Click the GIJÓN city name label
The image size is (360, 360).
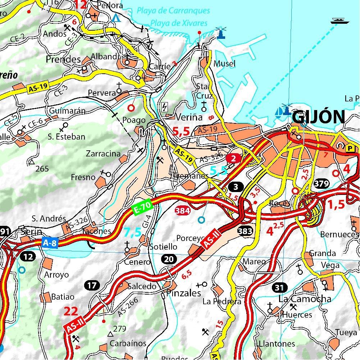(x=319, y=117)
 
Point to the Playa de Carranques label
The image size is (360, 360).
(x=173, y=11)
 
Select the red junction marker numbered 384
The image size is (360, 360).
(x=182, y=211)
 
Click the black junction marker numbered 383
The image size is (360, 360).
(x=245, y=231)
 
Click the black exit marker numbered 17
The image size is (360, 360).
(x=92, y=286)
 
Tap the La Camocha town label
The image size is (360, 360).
(x=305, y=299)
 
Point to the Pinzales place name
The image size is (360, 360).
(x=183, y=293)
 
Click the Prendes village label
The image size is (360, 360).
(x=63, y=59)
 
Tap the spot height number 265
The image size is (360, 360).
(x=42, y=169)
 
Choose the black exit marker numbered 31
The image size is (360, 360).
(x=280, y=287)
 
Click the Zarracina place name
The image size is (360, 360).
(x=103, y=154)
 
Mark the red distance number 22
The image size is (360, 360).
(x=71, y=311)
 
